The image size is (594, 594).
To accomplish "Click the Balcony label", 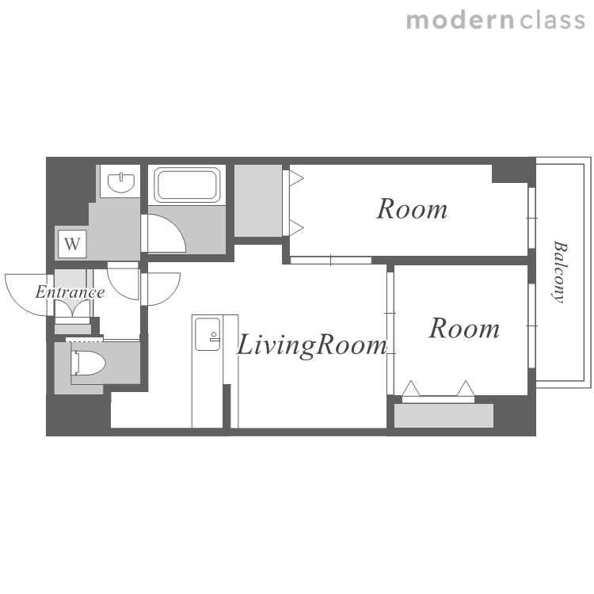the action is click(x=559, y=272).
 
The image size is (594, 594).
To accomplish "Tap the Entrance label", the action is click(x=70, y=292).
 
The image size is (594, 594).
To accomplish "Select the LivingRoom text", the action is click(x=312, y=345).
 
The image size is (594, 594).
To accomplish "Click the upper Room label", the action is click(x=412, y=209).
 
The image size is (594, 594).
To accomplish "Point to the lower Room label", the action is click(x=464, y=328).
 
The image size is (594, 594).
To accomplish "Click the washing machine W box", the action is click(x=72, y=244).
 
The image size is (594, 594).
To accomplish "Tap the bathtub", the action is click(x=187, y=185).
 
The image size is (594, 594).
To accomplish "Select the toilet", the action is click(x=88, y=363).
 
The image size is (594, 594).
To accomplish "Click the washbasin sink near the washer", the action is click(x=121, y=182).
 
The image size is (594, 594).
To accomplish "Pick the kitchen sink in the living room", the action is click(x=208, y=334).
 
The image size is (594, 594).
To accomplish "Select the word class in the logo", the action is click(x=552, y=21).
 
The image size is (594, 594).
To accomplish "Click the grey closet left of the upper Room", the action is click(x=258, y=200).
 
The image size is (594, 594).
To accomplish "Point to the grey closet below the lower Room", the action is click(x=444, y=416).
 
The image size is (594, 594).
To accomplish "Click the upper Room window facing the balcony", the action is click(x=531, y=218).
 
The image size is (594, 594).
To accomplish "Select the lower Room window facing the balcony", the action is click(x=531, y=326).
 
